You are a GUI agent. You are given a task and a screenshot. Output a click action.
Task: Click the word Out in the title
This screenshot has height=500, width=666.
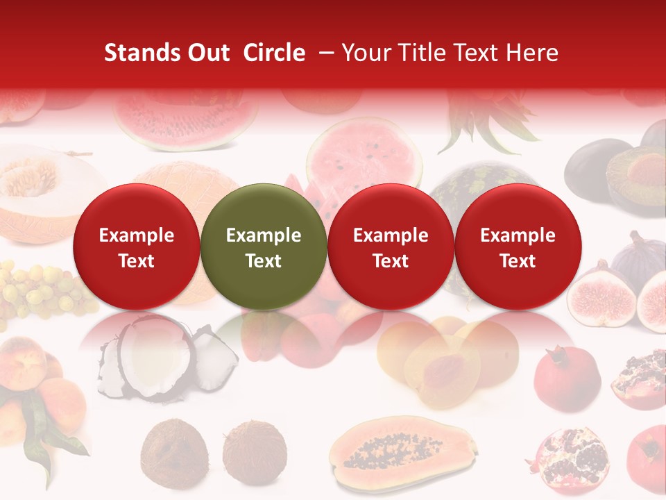tap(207, 53)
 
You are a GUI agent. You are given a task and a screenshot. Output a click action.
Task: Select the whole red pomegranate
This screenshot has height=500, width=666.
tap(565, 378)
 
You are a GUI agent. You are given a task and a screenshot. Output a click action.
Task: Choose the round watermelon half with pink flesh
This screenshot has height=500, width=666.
tap(364, 156)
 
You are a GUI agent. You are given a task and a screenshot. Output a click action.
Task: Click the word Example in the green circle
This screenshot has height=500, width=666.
tap(264, 235)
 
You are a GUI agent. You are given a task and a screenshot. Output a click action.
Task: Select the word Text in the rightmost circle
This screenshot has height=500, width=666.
tap(518, 261)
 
